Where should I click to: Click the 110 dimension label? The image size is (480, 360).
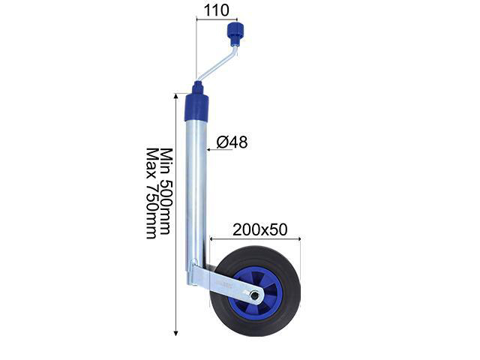(216, 10)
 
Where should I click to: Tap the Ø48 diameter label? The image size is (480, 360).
(232, 142)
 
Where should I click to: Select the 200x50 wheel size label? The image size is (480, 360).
(260, 229)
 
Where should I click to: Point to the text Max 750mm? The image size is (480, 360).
(151, 193)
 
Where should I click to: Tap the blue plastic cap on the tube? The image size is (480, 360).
(196, 107)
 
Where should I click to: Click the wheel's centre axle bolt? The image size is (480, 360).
(253, 295)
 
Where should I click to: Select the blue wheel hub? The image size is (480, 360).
(255, 293)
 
